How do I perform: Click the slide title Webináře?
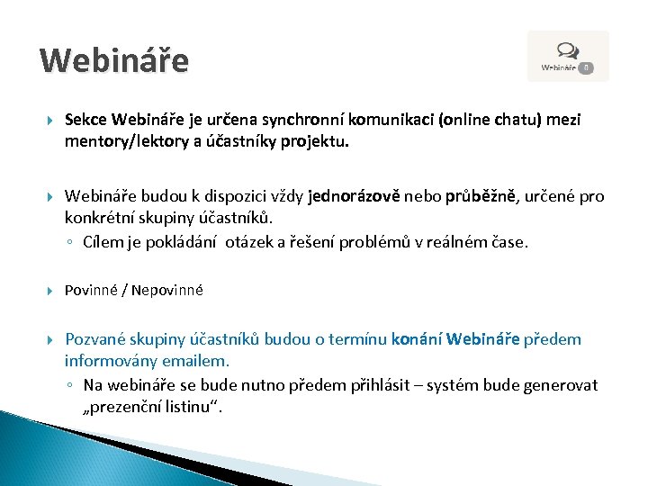114,60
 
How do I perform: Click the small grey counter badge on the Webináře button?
585,67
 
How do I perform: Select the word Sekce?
86,121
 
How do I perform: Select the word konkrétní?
101,218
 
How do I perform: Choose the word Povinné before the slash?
95,290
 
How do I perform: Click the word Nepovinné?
171,290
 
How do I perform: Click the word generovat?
560,385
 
